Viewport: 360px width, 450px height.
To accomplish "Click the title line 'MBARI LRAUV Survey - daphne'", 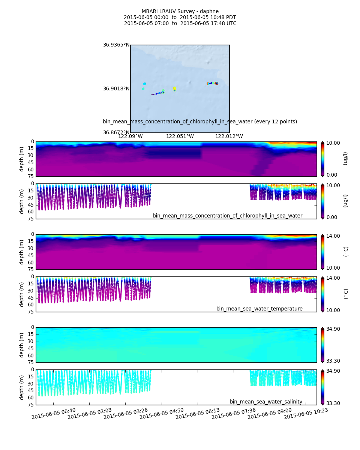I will click(180, 12).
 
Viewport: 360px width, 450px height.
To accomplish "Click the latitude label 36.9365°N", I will click(116, 45).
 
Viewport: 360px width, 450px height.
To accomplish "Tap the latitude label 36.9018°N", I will click(116, 89).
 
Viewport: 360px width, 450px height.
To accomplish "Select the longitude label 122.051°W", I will click(180, 136).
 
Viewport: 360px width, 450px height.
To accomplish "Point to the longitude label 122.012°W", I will click(229, 136).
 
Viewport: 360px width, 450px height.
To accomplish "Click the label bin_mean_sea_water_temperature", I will click(259, 309).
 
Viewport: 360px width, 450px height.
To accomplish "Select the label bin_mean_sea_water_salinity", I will click(266, 402).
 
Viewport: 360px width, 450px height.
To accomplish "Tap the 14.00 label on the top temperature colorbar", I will click(333, 236).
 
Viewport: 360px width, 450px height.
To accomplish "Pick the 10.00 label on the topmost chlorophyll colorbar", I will click(333, 143).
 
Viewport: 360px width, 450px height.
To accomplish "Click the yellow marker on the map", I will click(174, 88).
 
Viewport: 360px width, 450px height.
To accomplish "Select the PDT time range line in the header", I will click(180, 18).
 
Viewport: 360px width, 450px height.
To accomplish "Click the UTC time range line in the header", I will click(180, 24).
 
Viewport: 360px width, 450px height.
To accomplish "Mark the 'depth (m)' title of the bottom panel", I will click(22, 387).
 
